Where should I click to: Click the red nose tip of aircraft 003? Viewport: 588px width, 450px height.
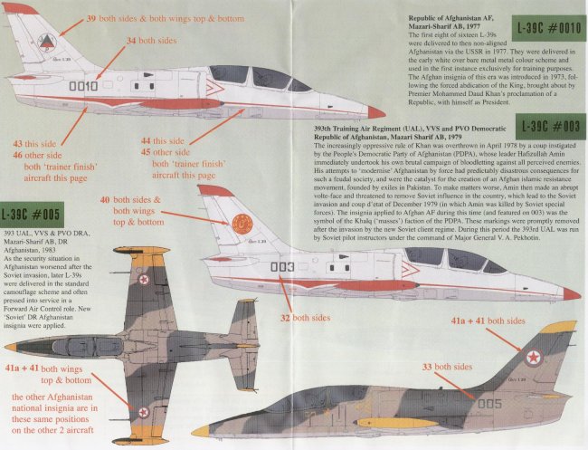click(x=570, y=293)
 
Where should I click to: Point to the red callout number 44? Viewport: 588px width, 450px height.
click(x=147, y=140)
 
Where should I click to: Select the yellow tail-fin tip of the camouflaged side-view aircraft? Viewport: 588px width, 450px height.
click(x=560, y=327)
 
